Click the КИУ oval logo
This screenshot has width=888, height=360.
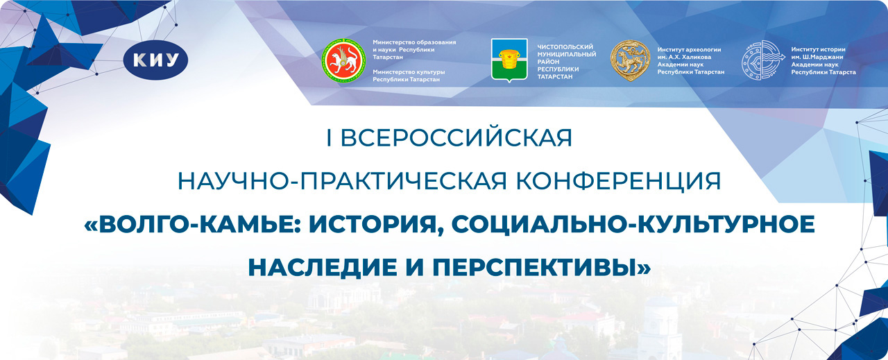click(155, 60)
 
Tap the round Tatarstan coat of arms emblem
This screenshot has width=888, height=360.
click(343, 60)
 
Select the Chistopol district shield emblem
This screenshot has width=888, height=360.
click(509, 60)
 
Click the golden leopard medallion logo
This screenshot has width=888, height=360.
click(630, 60)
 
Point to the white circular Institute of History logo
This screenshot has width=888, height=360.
click(762, 60)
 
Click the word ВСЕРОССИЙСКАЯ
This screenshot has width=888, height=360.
click(456, 138)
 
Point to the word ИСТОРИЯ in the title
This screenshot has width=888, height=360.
click(376, 225)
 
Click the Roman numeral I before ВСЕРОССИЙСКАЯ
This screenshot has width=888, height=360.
click(328, 138)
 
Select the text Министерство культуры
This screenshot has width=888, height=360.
click(409, 72)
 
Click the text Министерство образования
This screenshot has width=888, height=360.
click(414, 42)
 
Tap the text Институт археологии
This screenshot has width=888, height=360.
click(689, 49)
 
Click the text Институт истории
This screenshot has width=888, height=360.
click(818, 49)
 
